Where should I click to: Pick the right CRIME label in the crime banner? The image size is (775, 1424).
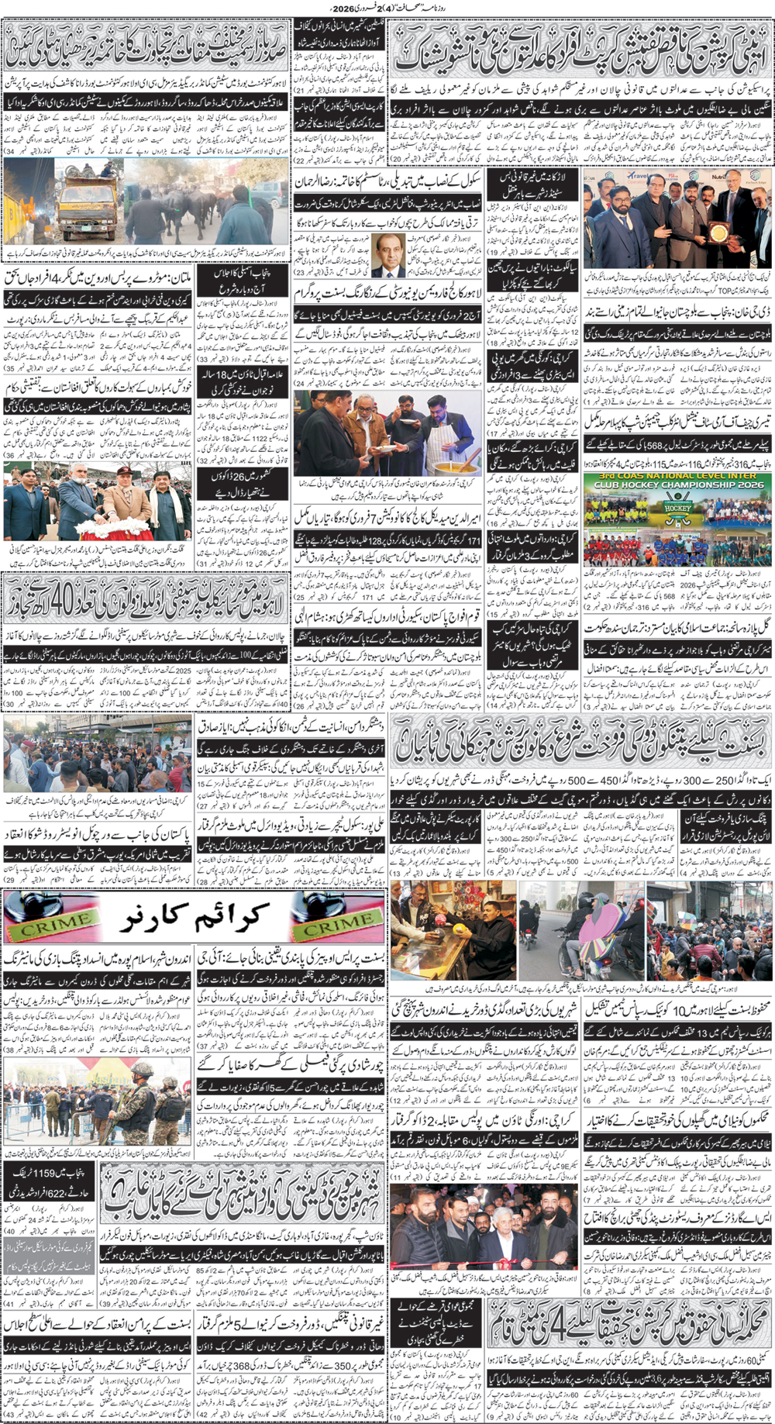[x=336, y=922]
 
